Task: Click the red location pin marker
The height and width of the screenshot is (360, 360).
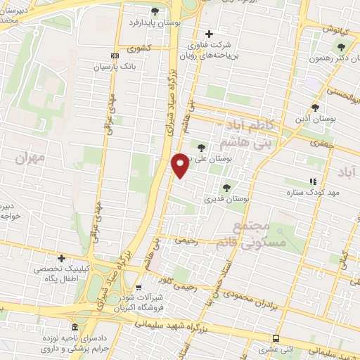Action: (x=180, y=165)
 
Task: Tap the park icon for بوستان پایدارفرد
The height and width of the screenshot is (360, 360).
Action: (x=155, y=11)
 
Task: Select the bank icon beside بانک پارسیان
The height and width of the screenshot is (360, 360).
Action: (x=115, y=56)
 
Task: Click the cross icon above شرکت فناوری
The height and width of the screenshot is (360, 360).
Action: (x=208, y=34)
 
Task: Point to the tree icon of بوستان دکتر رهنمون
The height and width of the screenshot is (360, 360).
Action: (x=341, y=47)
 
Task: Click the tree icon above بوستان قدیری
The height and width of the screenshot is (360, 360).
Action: (x=226, y=188)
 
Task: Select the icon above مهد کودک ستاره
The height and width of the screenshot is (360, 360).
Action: (x=313, y=181)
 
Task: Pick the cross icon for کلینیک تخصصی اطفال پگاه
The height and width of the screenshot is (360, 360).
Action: (x=61, y=258)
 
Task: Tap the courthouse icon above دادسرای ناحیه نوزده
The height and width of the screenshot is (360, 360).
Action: (x=75, y=328)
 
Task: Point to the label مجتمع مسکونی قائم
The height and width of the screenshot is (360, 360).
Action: (x=257, y=233)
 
